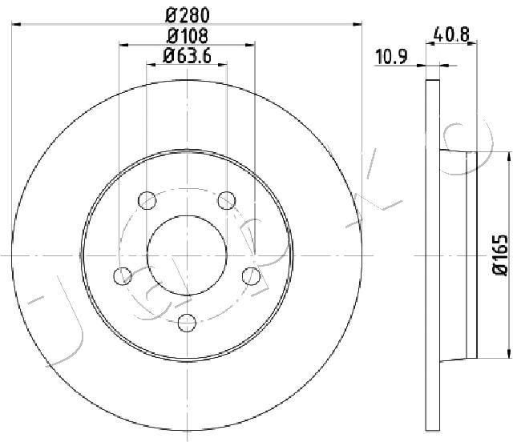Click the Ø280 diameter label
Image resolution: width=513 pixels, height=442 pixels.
click(187, 15)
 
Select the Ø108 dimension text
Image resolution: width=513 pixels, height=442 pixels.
click(187, 36)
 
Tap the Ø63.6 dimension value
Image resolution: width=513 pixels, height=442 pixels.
click(187, 55)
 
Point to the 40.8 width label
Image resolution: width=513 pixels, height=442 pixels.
click(451, 34)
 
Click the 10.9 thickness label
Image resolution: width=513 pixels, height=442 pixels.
click(391, 57)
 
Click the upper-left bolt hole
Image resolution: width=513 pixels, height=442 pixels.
click(147, 200)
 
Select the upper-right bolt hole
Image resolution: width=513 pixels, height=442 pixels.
click(226, 200)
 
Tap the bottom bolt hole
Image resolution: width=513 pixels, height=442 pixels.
click(187, 323)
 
